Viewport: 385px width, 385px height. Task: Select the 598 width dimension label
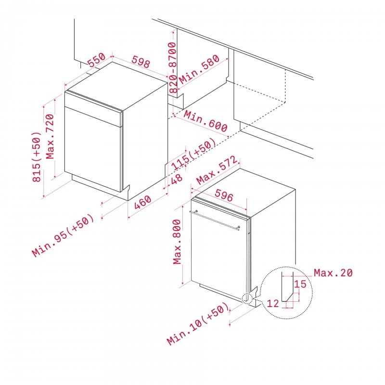click(x=141, y=62)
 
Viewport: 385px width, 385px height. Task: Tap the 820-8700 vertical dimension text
click(x=173, y=67)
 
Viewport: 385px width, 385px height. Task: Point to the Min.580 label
click(x=199, y=69)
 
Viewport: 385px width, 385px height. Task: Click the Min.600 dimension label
click(x=206, y=121)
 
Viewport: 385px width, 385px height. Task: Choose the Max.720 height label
click(x=50, y=136)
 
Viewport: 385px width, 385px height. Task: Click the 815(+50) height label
click(x=37, y=157)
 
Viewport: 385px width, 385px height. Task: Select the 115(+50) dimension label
click(x=194, y=154)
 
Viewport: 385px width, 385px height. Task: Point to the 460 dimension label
click(x=142, y=202)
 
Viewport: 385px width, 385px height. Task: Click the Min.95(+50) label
click(x=63, y=235)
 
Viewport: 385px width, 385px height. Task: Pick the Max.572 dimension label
click(x=217, y=170)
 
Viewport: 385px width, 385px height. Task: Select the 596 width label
click(x=224, y=195)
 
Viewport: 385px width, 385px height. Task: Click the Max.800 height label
click(x=177, y=242)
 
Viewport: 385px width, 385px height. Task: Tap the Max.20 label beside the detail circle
click(x=333, y=272)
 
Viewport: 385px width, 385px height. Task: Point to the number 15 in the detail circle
click(x=300, y=284)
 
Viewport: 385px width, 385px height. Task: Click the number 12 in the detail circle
click(x=273, y=304)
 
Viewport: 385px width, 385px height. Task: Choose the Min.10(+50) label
click(x=198, y=323)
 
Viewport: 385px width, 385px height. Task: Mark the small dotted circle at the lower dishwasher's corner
click(x=247, y=298)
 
